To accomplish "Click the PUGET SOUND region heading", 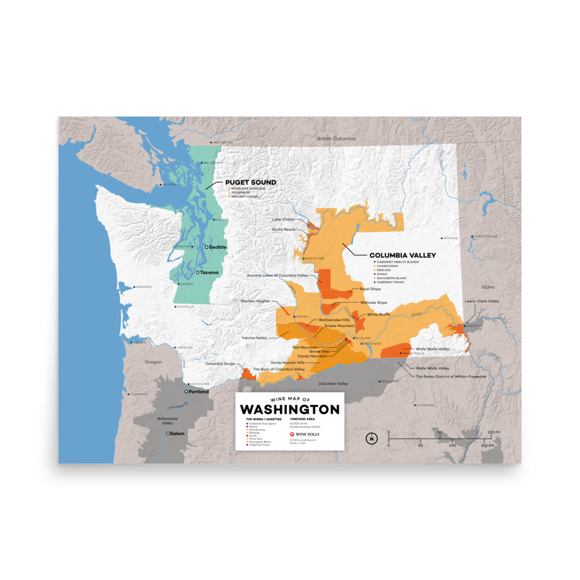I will tap(251, 182).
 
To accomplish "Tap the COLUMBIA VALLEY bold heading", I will tap(403, 255).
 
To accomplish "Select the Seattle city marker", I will tap(206, 247).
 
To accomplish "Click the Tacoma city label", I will tap(209, 272).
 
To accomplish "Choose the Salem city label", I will tap(176, 433).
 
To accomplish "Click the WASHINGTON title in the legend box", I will tap(289, 409).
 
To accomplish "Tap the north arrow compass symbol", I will tap(370, 438).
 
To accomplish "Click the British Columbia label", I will tap(336, 139).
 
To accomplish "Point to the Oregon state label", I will tap(153, 362).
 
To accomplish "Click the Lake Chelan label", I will tap(284, 219).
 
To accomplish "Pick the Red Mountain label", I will tap(305, 347).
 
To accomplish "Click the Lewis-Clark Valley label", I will tap(481, 301).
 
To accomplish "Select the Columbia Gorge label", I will tap(220, 364).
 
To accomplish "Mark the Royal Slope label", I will tap(370, 288).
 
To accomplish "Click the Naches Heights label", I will tap(255, 301).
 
